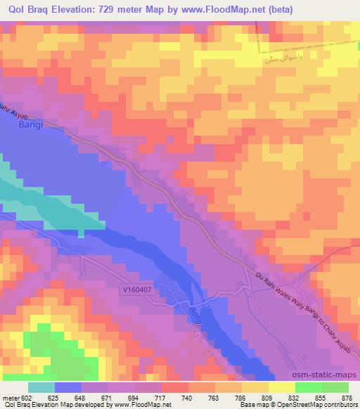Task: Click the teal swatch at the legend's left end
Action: [x=41, y=387]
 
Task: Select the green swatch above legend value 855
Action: [x=309, y=387]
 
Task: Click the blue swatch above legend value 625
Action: [x=68, y=387]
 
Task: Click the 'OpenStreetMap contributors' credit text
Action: [x=323, y=405]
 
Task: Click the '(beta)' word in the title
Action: [x=278, y=8]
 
